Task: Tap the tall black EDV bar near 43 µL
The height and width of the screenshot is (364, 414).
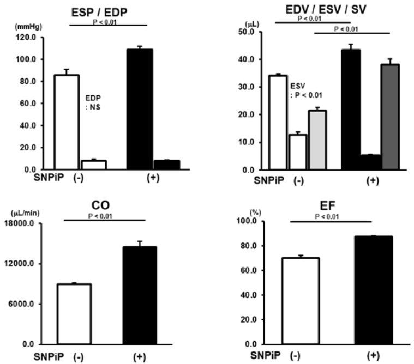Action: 354,110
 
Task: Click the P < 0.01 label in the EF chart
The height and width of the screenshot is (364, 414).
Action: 331,216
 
